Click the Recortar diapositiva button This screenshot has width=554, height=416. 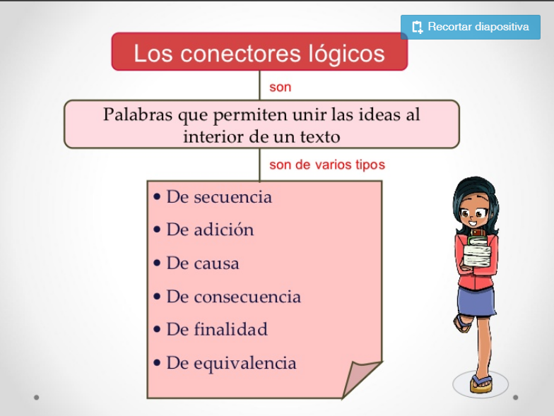pos(471,27)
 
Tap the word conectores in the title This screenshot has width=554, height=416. pos(240,54)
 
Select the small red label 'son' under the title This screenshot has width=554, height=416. pos(280,88)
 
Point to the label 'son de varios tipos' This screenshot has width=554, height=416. pos(327,165)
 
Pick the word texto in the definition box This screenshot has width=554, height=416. pos(320,137)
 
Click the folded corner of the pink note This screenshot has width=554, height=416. pos(359,378)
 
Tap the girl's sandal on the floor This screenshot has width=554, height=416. pos(481,384)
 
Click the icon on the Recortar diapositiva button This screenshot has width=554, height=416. pos(417,27)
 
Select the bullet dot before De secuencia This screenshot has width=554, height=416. pos(157,197)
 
